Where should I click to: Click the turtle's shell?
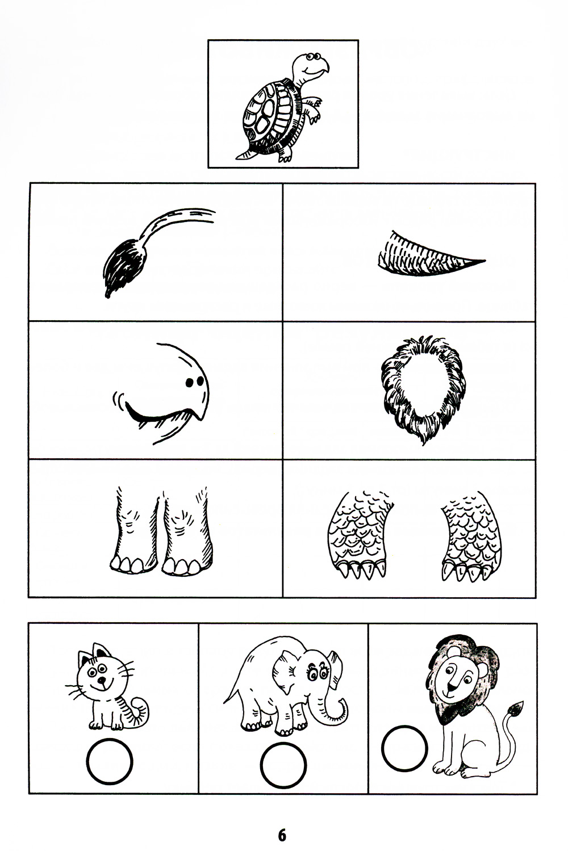pos(270,116)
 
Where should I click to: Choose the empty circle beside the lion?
pos(404,748)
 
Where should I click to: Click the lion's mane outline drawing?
pos(423,389)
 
